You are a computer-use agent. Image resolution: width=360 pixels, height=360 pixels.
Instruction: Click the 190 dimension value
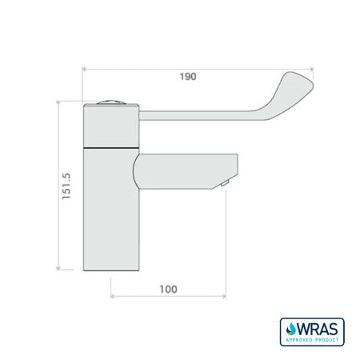188,77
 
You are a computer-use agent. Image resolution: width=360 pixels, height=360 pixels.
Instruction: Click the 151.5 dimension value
68,185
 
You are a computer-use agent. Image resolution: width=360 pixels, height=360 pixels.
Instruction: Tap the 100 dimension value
168,289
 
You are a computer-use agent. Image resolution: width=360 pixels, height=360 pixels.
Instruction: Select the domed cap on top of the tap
112,102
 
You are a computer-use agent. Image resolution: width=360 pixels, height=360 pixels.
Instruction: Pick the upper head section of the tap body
110,126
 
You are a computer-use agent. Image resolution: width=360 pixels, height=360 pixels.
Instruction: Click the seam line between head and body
110,149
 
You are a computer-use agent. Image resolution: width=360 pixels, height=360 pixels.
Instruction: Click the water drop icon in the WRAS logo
289,328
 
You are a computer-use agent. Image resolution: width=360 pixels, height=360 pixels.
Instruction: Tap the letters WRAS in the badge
318,327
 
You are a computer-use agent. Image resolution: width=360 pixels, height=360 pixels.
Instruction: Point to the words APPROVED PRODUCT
311,339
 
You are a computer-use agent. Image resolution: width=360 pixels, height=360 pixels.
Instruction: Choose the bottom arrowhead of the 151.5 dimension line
58,269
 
